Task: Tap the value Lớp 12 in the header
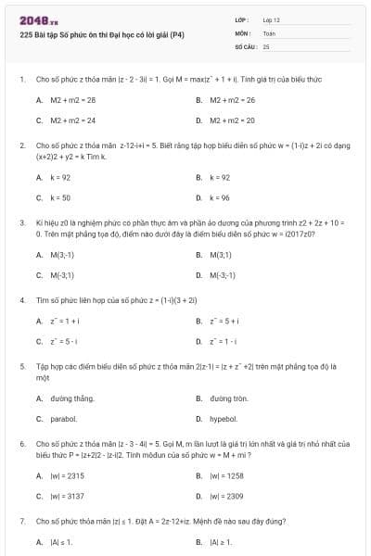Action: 271,19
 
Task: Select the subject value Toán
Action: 269,32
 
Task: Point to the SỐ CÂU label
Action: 246,45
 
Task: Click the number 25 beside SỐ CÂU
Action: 266,45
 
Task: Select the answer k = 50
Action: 61,197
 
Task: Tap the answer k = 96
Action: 220,197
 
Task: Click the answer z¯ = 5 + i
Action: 225,321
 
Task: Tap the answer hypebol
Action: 223,420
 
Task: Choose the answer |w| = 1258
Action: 227,475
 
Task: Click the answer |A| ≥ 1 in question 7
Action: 221,541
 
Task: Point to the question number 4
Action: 21,301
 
